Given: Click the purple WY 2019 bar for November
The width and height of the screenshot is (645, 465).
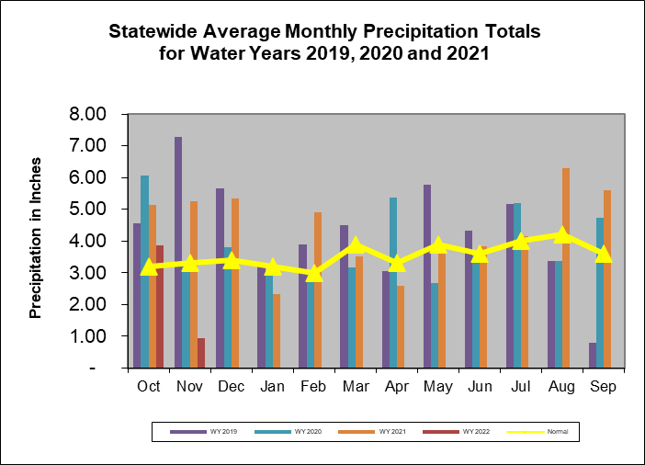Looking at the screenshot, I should [x=178, y=252].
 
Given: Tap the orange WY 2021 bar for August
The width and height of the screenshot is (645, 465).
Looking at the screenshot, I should [x=566, y=267].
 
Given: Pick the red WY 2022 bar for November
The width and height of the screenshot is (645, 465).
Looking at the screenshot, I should [x=201, y=353].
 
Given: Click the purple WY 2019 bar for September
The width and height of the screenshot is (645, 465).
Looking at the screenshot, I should [x=592, y=355].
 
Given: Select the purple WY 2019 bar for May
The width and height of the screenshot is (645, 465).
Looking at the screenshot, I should [x=427, y=276].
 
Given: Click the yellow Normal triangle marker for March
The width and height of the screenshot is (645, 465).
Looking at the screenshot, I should [x=356, y=245].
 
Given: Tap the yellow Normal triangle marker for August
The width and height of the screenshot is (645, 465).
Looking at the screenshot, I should [x=562, y=235].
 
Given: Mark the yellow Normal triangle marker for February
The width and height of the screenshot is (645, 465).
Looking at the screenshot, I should [x=314, y=273].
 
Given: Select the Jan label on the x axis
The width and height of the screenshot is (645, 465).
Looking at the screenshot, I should [x=273, y=387].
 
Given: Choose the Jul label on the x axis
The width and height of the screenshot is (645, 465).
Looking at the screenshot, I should [x=521, y=387].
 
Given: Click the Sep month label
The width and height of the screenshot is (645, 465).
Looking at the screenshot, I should [x=604, y=387].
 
